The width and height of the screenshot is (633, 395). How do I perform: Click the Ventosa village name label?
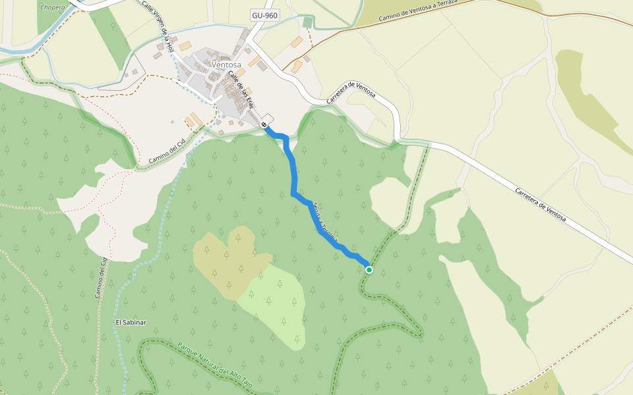(227, 65)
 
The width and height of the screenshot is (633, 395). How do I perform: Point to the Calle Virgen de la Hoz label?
(158, 26)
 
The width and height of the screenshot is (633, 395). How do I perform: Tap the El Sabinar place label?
(131, 323)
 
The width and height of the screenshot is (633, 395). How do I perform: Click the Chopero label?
(53, 8)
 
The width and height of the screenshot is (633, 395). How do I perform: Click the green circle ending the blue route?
(369, 270)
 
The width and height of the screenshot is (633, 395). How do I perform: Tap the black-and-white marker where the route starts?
(264, 124)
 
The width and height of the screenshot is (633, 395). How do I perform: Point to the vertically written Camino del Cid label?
(102, 277)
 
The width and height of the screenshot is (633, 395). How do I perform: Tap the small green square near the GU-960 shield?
(308, 22)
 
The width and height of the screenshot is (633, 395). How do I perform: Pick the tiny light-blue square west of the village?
(172, 122)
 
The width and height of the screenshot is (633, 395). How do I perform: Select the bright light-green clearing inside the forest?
(274, 303)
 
